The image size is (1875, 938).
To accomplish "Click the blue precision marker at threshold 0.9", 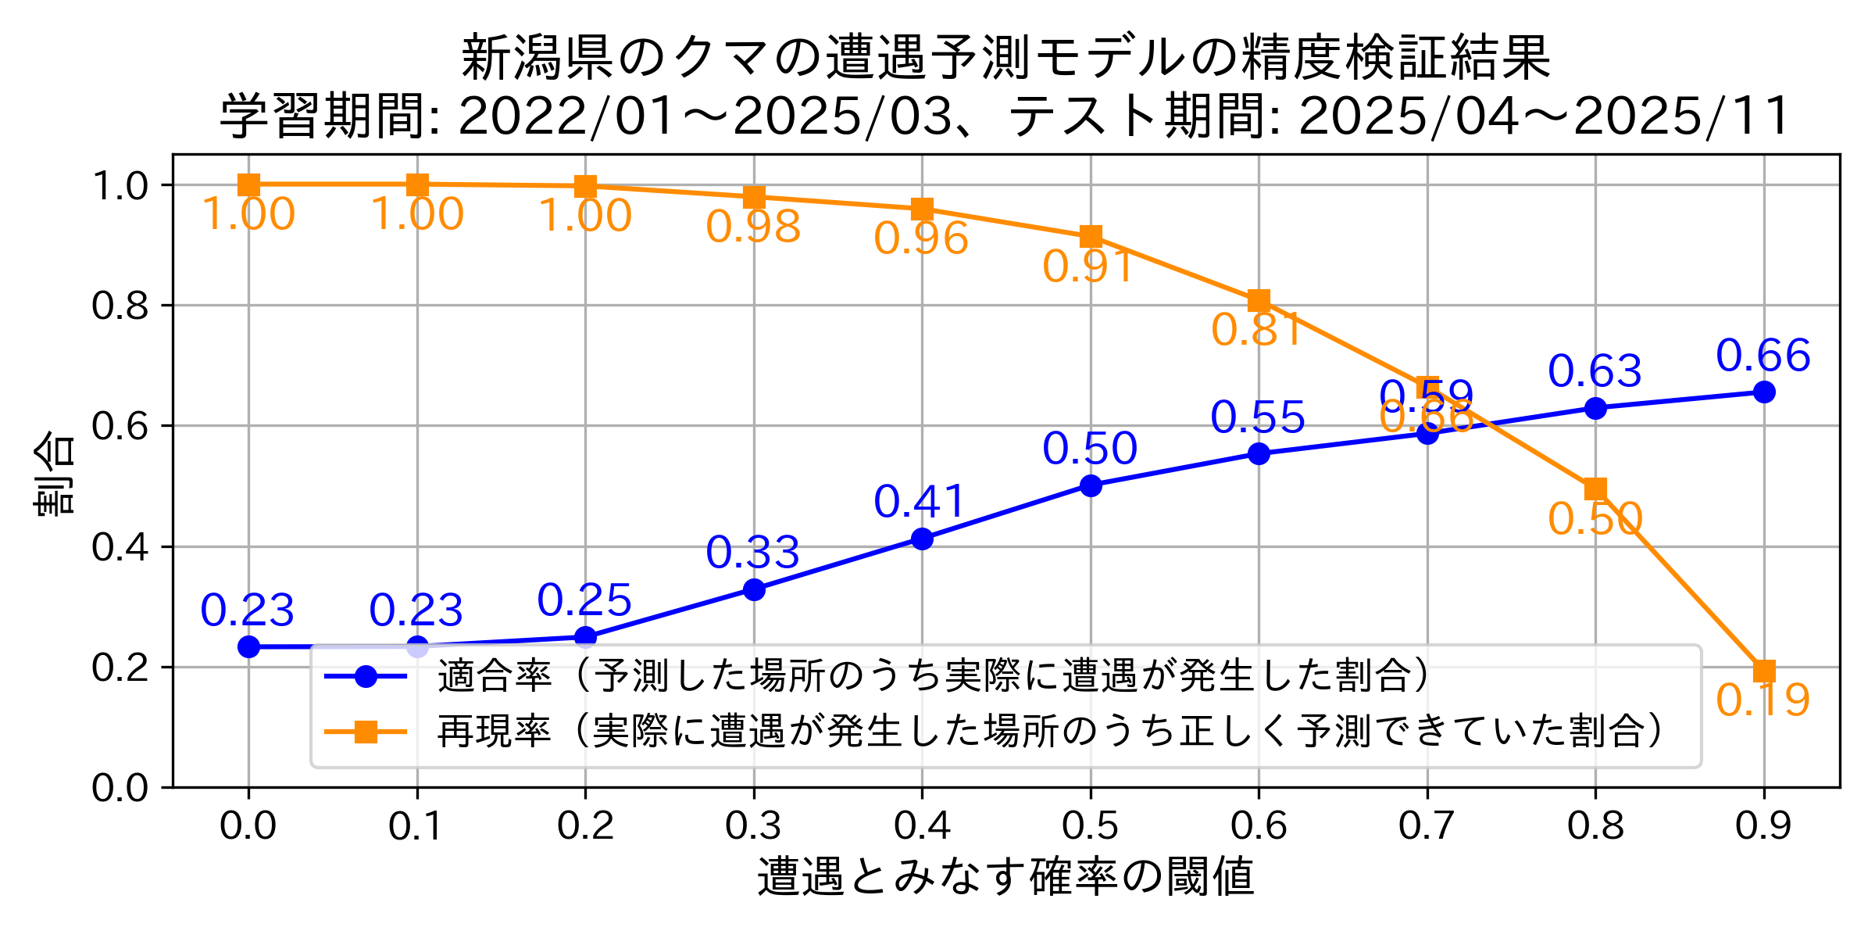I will pyautogui.click(x=1763, y=392).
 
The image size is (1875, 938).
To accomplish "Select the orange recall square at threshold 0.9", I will pyautogui.click(x=1763, y=671).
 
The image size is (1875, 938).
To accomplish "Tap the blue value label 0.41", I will pyautogui.click(x=921, y=502).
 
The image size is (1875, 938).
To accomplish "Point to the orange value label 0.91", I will pyautogui.click(x=1089, y=267).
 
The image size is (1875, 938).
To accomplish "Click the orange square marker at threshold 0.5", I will pyautogui.click(x=1091, y=236).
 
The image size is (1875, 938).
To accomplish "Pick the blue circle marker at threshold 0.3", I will pyautogui.click(x=754, y=589).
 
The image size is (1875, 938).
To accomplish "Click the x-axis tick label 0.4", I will pyautogui.click(x=922, y=826).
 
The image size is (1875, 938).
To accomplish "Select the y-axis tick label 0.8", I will pyautogui.click(x=120, y=306).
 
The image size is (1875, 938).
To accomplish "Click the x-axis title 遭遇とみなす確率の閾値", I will pyautogui.click(x=1005, y=876).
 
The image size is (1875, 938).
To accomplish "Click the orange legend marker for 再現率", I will pyautogui.click(x=366, y=732).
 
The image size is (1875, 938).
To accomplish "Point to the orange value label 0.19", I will pyautogui.click(x=1762, y=700).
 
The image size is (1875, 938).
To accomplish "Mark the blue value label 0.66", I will pyautogui.click(x=1763, y=356).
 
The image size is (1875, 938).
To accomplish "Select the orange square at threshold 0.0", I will pyautogui.click(x=248, y=184).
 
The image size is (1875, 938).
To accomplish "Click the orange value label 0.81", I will pyautogui.click(x=1257, y=330).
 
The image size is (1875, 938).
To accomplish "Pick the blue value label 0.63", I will pyautogui.click(x=1595, y=371).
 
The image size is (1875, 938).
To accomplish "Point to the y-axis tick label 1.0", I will pyautogui.click(x=120, y=186).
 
